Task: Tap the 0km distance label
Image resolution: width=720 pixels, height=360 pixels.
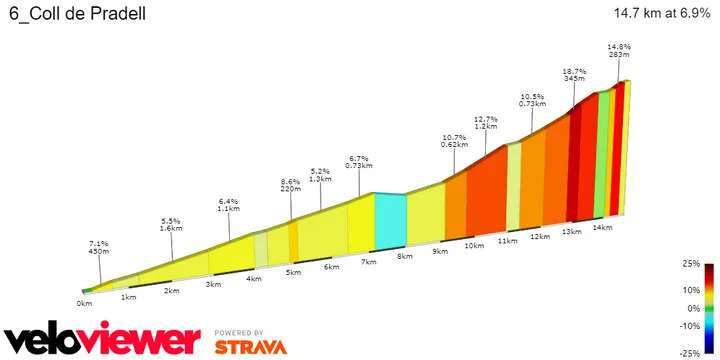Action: tap(85, 302)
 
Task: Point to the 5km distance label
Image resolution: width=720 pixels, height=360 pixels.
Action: tap(293, 272)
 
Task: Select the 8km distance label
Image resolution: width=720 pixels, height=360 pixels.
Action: tap(405, 256)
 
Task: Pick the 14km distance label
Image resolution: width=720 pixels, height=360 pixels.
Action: tap(601, 227)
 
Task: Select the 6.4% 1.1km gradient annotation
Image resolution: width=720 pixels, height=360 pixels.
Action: tap(228, 207)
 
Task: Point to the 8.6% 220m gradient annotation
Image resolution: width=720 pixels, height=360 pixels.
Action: tap(291, 185)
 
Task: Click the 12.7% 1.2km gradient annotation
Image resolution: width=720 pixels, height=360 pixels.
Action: tap(485, 122)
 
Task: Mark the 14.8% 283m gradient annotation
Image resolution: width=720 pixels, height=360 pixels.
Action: tap(619, 52)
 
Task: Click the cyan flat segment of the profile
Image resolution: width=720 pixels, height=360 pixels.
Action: tap(390, 220)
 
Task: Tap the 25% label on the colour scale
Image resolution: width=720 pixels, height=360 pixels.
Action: tap(691, 264)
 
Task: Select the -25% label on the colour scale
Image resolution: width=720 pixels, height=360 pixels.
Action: tap(690, 353)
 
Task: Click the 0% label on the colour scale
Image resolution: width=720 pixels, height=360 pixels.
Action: tap(693, 309)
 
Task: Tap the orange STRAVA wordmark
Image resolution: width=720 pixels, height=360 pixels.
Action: tap(250, 347)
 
